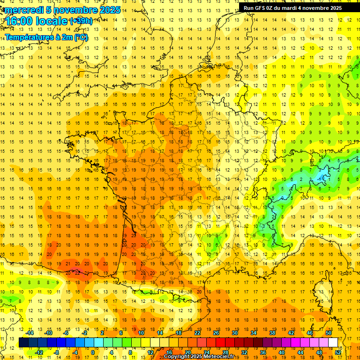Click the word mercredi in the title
(23, 10)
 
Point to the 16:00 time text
(22, 22)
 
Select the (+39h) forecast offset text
(81, 21)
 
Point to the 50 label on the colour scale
(329, 333)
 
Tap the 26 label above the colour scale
(216, 333)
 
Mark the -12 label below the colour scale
(39, 352)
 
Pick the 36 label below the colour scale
(262, 352)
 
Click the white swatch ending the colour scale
(333, 343)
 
